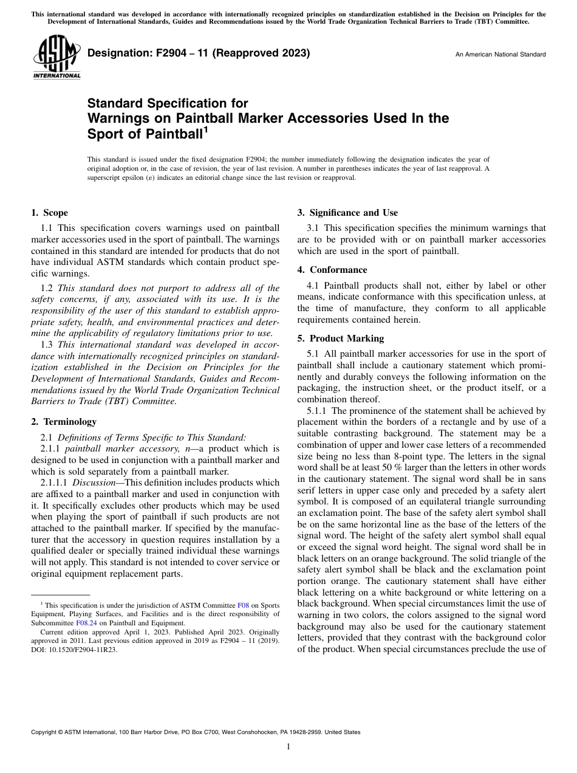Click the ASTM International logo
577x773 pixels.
(x=56, y=58)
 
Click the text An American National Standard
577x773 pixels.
(x=500, y=55)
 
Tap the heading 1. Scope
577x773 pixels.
(x=49, y=213)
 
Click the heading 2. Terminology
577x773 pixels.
(x=63, y=421)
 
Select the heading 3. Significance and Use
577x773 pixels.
(x=347, y=213)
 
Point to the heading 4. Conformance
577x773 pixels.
(x=332, y=270)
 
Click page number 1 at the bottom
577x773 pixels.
(x=288, y=747)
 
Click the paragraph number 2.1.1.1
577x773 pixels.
(x=54, y=482)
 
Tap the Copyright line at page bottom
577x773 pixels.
(x=195, y=732)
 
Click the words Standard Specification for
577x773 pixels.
(x=168, y=103)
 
